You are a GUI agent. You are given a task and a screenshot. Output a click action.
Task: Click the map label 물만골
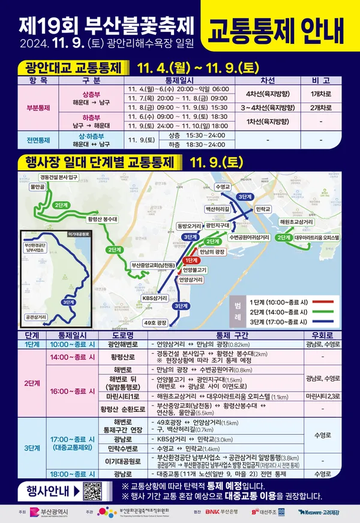point(38,187)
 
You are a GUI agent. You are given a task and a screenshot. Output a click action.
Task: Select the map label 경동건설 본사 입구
point(59,177)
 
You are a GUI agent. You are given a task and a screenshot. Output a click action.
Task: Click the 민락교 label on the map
point(262,209)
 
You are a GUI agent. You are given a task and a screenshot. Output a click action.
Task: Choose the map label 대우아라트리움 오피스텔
point(317,238)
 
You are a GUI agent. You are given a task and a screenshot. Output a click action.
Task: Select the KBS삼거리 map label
point(155,298)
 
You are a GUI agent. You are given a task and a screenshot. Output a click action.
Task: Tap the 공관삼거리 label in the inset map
point(37,316)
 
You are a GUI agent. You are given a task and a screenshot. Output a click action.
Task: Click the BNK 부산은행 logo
point(224,512)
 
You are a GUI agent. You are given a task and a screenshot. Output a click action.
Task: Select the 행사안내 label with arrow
point(48,491)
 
